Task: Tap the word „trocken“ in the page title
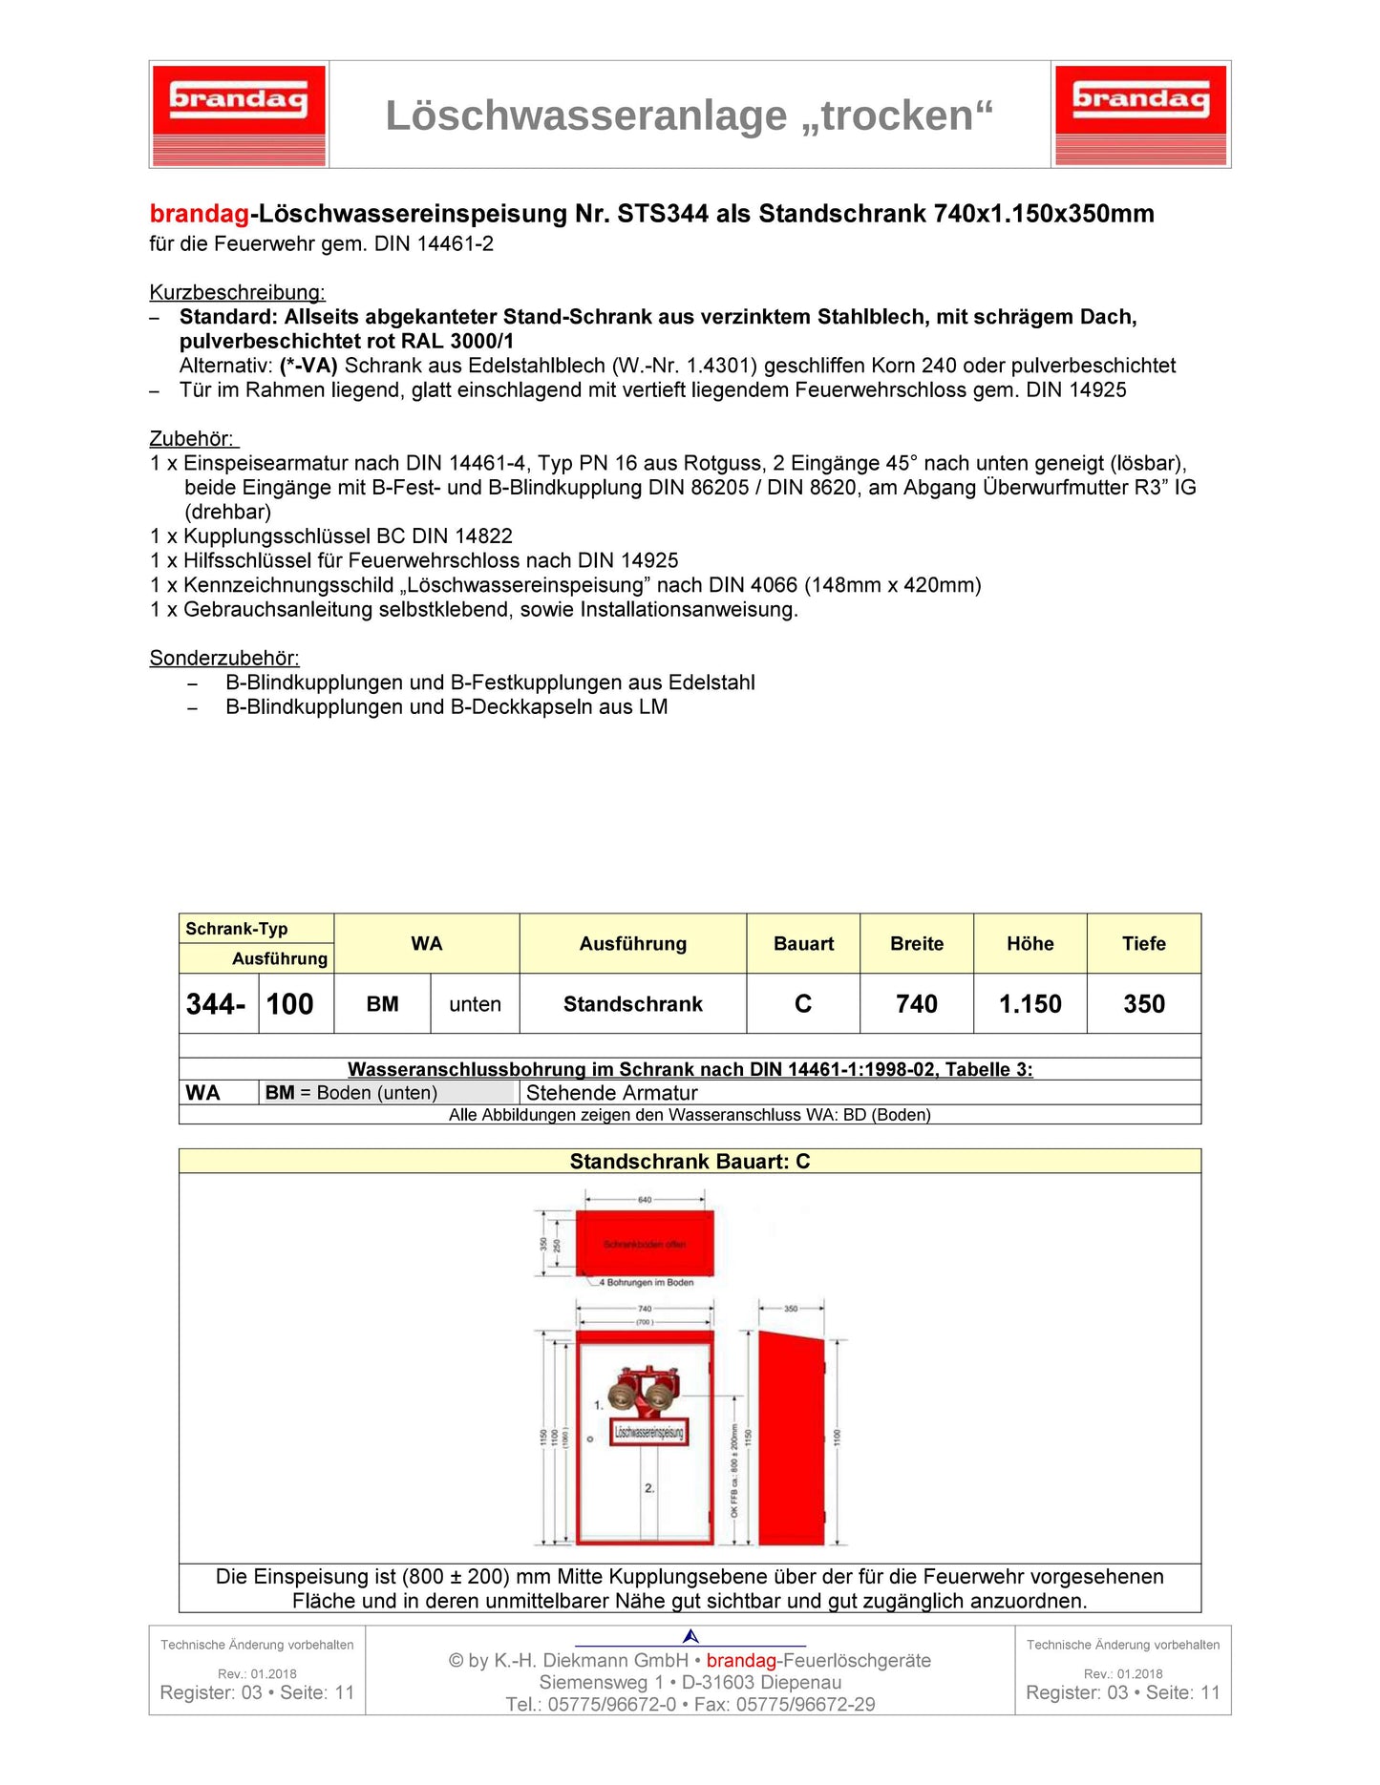[x=906, y=116]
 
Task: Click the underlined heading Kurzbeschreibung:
[x=237, y=292]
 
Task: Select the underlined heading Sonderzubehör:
[x=224, y=658]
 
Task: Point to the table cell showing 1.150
[x=1030, y=1004]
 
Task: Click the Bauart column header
[x=803, y=943]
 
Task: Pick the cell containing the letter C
[x=803, y=1004]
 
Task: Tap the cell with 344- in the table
[x=217, y=1004]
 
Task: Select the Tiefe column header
[x=1143, y=943]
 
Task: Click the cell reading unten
[x=475, y=1004]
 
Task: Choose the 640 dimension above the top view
[x=645, y=1200]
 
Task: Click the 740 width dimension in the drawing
[x=645, y=1309]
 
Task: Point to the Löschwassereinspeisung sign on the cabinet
[x=648, y=1432]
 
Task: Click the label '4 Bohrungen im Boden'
[x=649, y=1282]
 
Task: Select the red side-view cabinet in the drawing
[x=791, y=1438]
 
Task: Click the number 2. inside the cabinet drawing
[x=649, y=1488]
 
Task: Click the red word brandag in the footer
[x=741, y=1660]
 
